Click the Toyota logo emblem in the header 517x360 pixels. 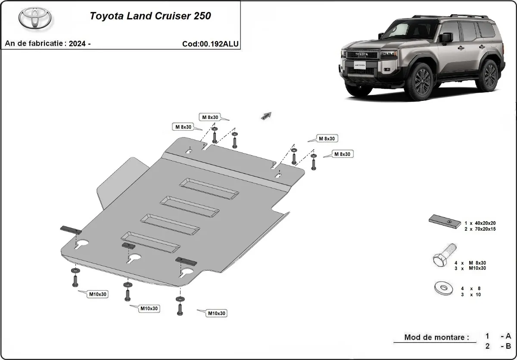click(x=34, y=18)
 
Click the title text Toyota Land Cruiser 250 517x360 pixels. click(x=150, y=16)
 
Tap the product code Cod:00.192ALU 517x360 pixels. click(x=211, y=44)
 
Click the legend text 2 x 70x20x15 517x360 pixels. click(x=480, y=229)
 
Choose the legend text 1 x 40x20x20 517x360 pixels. click(x=480, y=223)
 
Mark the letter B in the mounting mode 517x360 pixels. click(x=508, y=346)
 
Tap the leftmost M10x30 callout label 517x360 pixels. click(x=98, y=294)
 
